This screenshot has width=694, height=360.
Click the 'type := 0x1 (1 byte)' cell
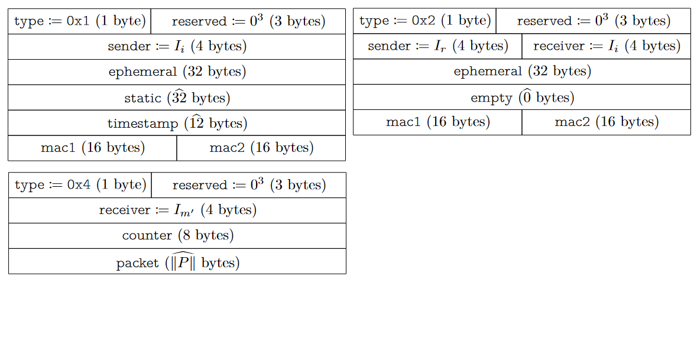[80, 21]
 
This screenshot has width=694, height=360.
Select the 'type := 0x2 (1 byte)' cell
[424, 21]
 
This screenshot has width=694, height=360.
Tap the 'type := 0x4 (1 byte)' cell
[80, 185]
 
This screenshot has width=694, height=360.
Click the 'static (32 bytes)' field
[177, 98]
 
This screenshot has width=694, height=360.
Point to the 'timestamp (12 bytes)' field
[177, 123]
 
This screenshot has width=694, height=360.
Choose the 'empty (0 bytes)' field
[522, 97]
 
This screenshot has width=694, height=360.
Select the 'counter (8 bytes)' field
[177, 236]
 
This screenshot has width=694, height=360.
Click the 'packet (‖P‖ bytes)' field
[177, 261]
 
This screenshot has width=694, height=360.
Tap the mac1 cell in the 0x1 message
[92, 148]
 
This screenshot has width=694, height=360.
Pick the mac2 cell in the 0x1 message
[261, 148]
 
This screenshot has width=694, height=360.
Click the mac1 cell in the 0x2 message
[437, 122]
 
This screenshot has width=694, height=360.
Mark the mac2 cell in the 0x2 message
[607, 122]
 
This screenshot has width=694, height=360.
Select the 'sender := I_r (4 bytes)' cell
[437, 46]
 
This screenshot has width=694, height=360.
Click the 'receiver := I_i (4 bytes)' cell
[607, 46]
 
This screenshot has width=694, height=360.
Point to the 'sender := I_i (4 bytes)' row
[177, 47]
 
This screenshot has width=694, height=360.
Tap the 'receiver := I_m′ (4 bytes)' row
[177, 210]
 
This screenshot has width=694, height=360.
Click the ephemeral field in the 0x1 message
[177, 72]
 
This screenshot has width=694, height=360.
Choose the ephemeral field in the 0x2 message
[522, 72]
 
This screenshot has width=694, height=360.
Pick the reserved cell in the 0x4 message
[249, 185]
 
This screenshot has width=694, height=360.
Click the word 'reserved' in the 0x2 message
[544, 21]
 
